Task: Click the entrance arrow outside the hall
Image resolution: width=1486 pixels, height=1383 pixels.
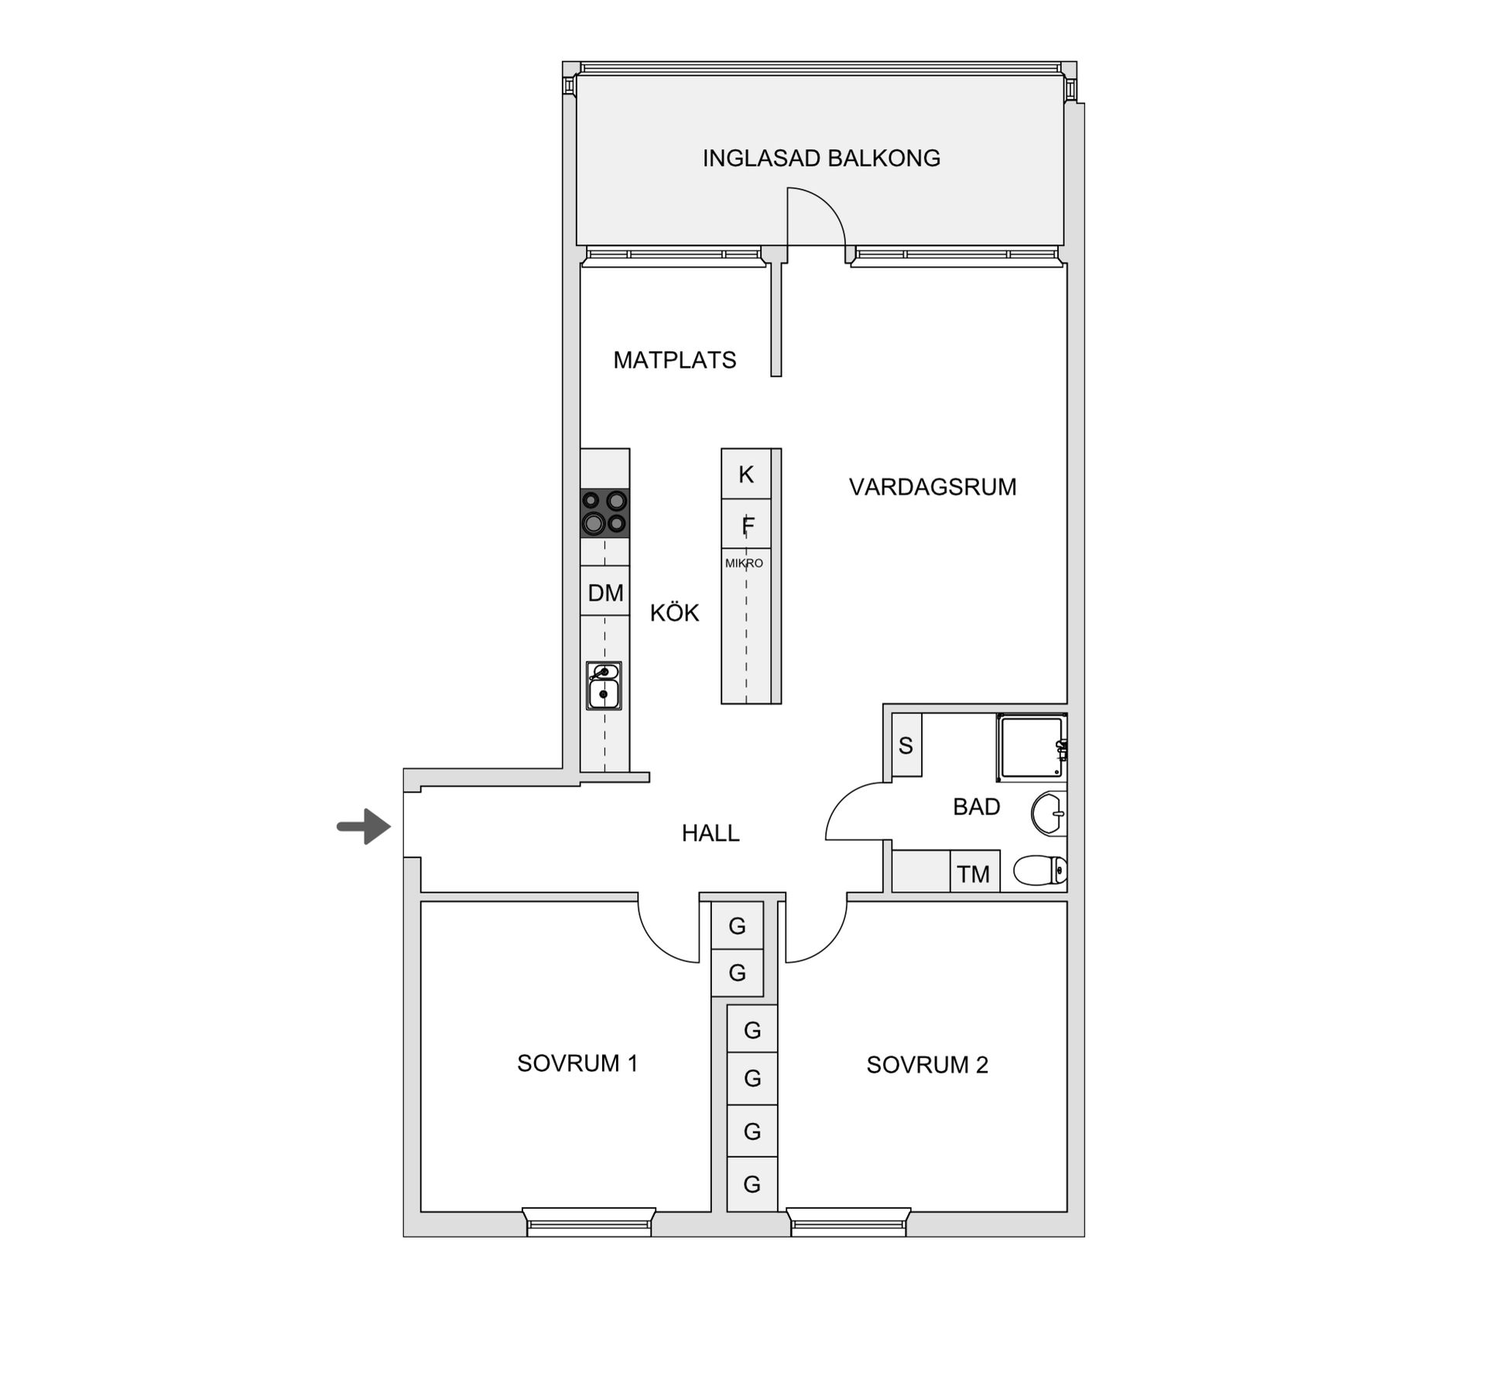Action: click(365, 827)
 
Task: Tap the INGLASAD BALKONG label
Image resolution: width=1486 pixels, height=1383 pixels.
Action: click(821, 159)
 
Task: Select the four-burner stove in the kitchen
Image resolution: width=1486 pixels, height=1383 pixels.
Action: click(605, 513)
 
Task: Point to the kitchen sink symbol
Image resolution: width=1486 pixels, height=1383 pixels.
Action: click(604, 686)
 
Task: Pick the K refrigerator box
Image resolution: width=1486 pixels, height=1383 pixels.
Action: click(746, 474)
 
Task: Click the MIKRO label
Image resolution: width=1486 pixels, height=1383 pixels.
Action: click(744, 563)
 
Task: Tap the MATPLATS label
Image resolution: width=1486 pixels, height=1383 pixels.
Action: click(674, 360)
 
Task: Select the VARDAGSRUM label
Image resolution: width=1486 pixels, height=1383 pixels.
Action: click(932, 487)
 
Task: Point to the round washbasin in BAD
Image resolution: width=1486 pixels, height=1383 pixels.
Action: click(1048, 813)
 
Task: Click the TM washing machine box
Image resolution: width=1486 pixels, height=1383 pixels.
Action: click(974, 874)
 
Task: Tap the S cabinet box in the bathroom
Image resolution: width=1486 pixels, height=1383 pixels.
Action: click(906, 746)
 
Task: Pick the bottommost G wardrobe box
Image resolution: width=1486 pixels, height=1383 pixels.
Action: click(752, 1184)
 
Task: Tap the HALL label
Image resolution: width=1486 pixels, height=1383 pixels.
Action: click(710, 834)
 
